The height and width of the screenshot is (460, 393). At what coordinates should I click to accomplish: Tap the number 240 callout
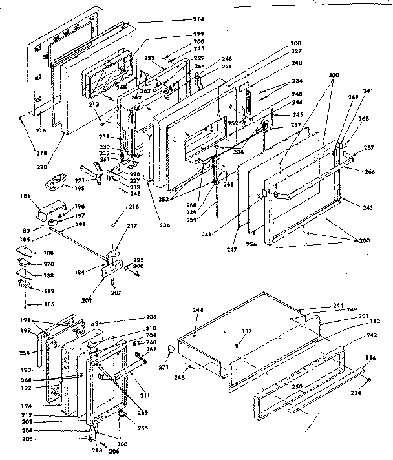pyautogui.click(x=297, y=63)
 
